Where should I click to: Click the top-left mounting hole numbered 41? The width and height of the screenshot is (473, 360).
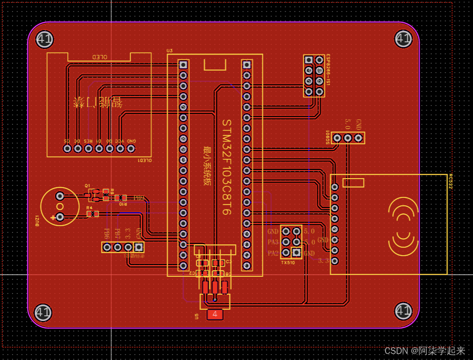click(44, 39)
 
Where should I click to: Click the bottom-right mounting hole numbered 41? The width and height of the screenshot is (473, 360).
click(403, 311)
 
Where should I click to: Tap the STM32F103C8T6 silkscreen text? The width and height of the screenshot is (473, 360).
click(227, 167)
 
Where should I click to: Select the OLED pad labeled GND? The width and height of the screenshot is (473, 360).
click(131, 149)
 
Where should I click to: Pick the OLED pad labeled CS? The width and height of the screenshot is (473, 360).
click(67, 149)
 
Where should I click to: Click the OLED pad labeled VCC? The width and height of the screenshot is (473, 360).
click(120, 149)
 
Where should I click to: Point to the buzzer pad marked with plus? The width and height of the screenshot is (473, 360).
click(60, 217)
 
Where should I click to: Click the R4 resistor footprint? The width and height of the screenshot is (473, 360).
click(93, 214)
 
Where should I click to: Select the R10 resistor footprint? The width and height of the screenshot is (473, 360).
click(121, 198)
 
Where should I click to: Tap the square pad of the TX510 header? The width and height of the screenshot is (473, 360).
click(296, 253)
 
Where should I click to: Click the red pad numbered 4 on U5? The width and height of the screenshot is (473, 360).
click(215, 314)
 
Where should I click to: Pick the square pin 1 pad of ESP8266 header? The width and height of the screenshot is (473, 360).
click(308, 60)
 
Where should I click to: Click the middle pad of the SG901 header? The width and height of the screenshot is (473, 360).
click(347, 138)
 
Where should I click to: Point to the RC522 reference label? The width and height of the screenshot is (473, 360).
click(450, 181)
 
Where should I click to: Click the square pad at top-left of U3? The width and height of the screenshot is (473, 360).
click(183, 64)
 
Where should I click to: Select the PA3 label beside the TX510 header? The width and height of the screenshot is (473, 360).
click(273, 242)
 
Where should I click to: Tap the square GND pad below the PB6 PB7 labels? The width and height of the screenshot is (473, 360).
click(138, 247)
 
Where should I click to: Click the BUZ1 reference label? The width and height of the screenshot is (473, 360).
click(37, 221)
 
